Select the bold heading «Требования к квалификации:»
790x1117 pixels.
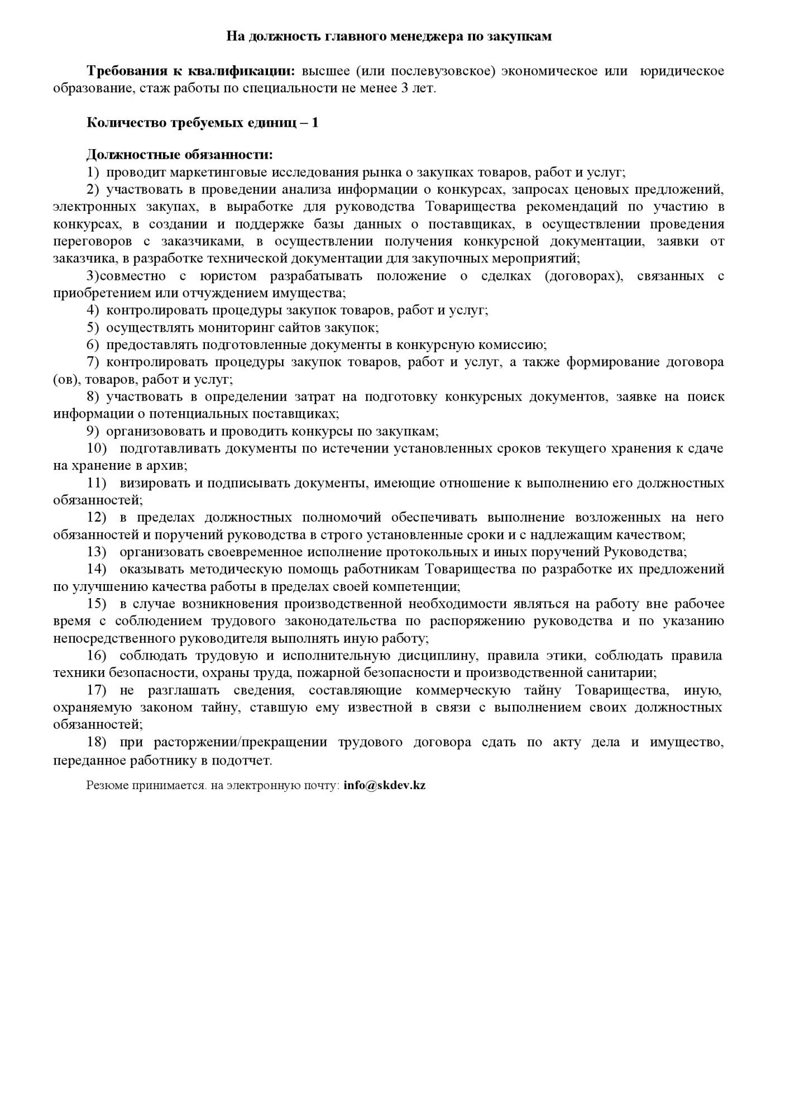190,71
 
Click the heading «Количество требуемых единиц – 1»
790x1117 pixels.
202,123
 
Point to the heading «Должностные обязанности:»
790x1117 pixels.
180,155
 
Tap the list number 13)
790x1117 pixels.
96,552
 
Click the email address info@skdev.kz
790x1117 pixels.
385,785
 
